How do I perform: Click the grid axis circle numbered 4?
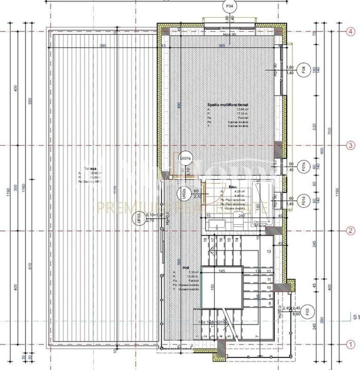point(351,32)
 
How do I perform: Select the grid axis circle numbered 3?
point(351,146)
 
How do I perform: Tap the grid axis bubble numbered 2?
point(351,231)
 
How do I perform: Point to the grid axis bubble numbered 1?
point(351,345)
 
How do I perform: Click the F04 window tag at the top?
point(229,7)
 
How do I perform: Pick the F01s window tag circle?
point(303,166)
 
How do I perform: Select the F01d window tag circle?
point(303,201)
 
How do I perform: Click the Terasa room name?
point(90,169)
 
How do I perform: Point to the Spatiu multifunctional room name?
point(228,105)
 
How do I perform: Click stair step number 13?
point(269,251)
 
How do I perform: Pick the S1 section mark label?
point(356,317)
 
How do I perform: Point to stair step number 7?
point(256,336)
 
